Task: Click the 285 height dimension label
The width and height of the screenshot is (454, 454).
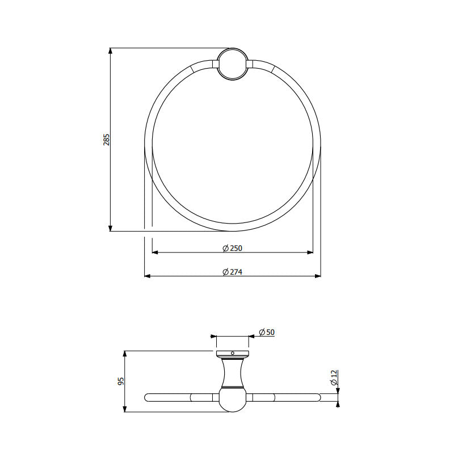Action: [106, 140]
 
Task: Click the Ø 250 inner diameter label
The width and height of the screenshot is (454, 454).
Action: [233, 248]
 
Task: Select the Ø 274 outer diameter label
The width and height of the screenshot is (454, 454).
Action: [233, 271]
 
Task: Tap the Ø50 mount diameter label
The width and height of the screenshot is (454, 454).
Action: [267, 332]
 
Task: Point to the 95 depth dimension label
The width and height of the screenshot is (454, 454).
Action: [120, 381]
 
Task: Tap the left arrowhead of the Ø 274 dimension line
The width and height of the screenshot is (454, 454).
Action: [148, 276]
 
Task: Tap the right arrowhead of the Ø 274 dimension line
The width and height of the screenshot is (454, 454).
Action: [318, 276]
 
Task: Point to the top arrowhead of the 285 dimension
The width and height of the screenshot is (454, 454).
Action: [110, 51]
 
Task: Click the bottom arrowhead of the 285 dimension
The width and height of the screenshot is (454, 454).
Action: [110, 228]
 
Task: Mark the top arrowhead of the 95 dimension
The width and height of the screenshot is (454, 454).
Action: [124, 354]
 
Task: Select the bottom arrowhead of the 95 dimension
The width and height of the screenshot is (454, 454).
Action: [124, 409]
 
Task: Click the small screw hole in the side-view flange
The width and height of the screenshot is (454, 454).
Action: [233, 354]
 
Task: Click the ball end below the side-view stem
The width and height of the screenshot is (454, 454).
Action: [233, 400]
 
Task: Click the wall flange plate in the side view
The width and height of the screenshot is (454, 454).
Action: [233, 354]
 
